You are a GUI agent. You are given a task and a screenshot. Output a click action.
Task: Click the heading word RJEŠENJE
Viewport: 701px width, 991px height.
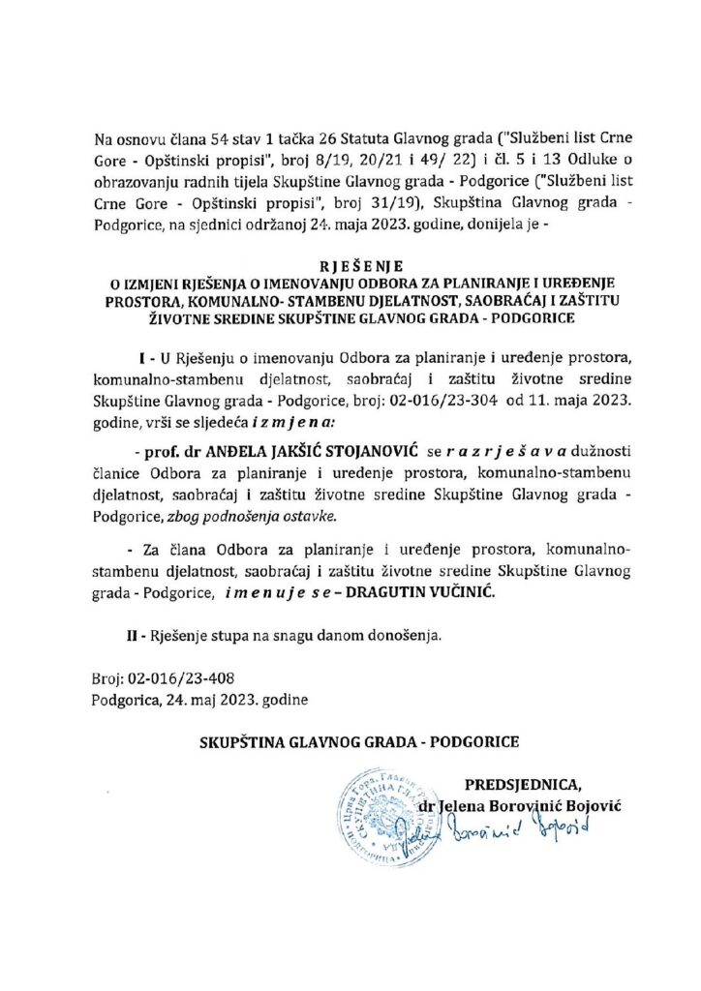point(350,262)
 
